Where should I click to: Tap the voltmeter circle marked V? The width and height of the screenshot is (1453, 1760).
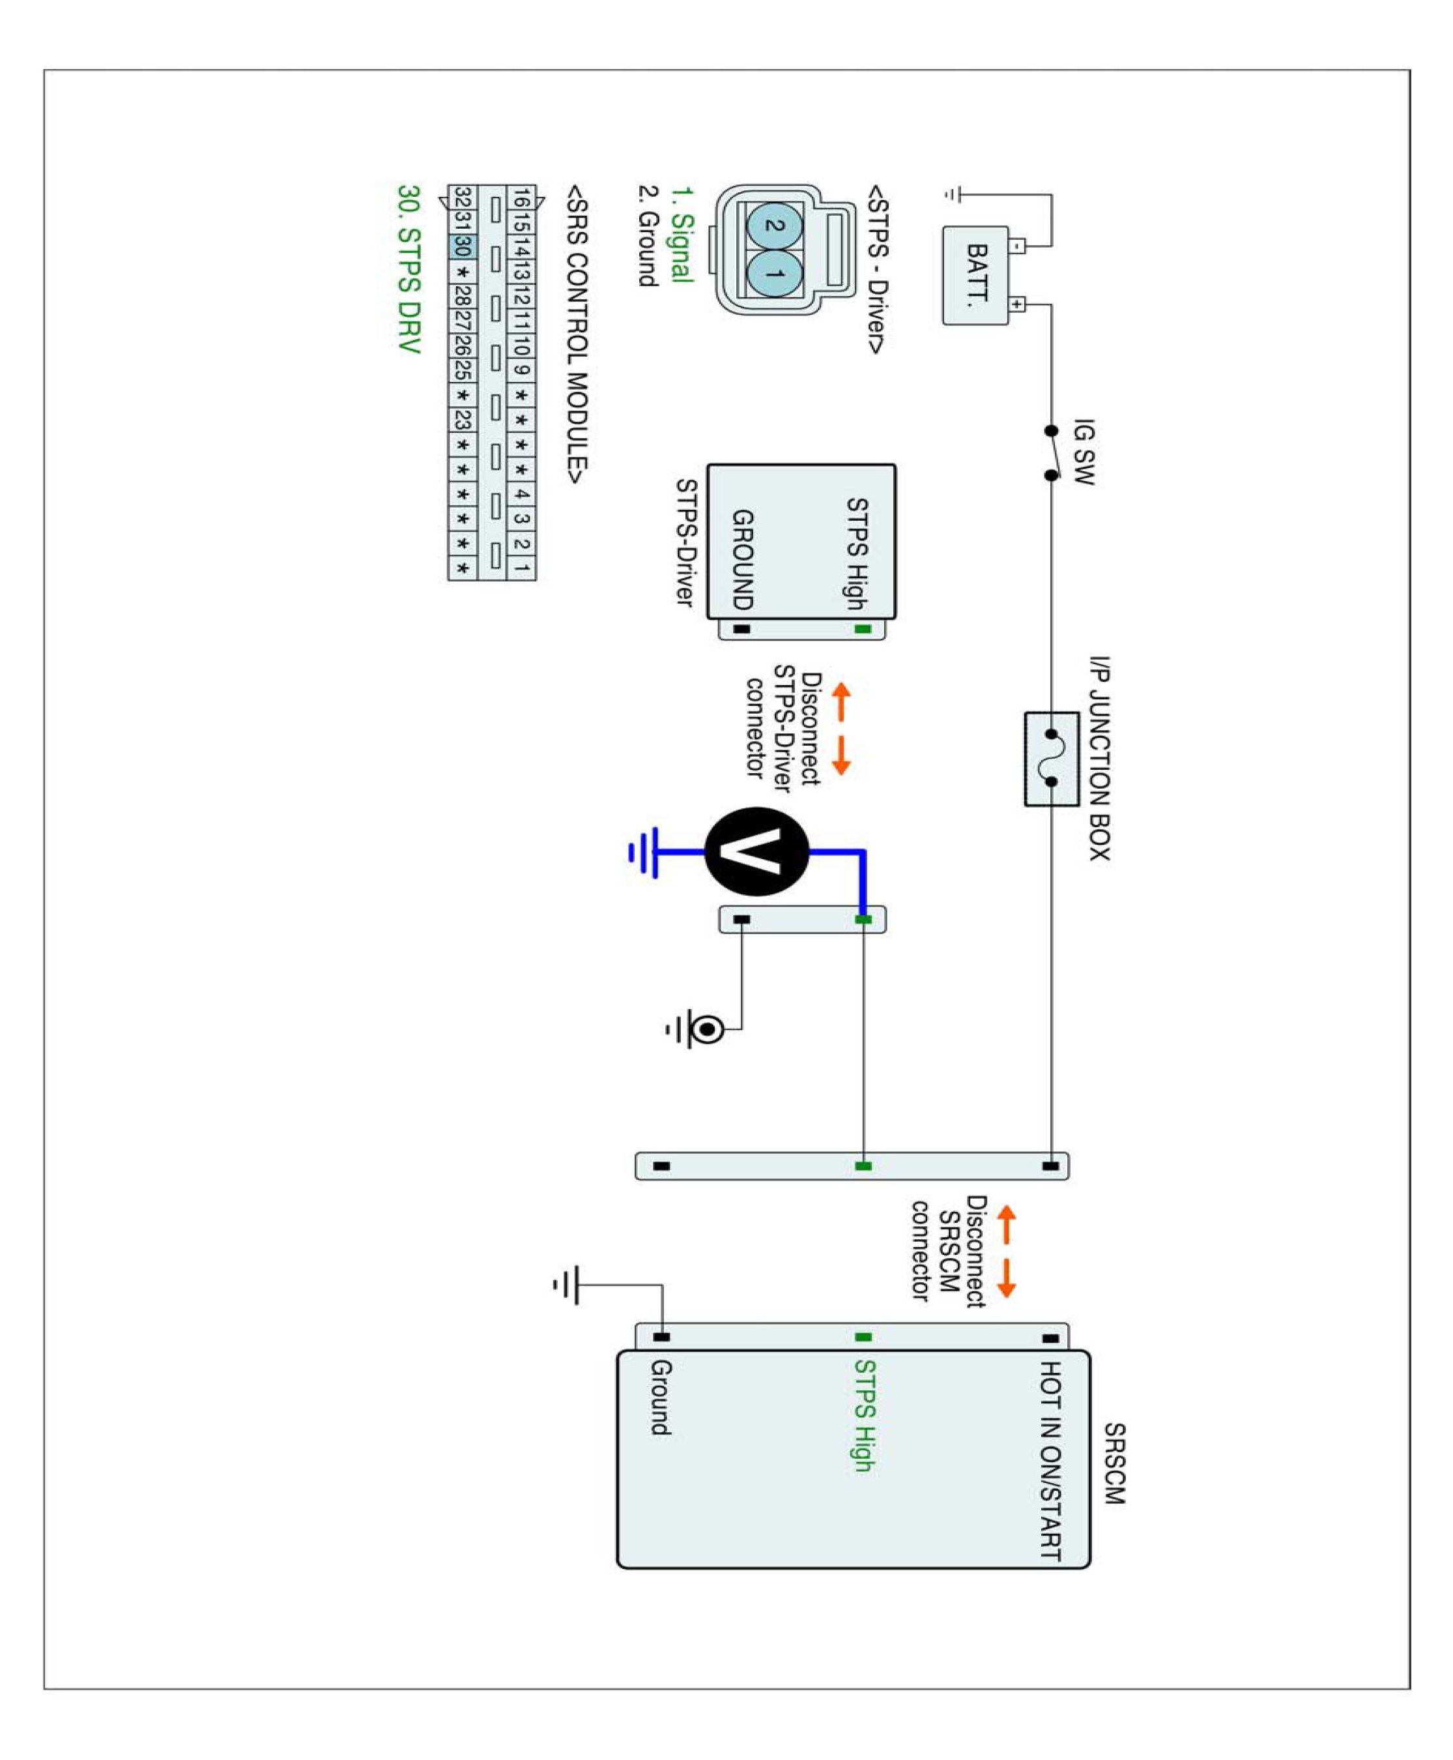click(756, 851)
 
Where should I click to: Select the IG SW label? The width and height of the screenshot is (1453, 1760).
click(1083, 452)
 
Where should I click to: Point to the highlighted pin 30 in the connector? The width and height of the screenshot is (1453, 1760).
click(462, 246)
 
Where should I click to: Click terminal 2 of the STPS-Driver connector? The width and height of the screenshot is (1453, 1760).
click(774, 226)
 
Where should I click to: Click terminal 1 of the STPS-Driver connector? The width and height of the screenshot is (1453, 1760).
click(774, 274)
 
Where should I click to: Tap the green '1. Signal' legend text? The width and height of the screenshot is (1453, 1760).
click(683, 235)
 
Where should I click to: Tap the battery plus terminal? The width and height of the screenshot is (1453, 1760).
click(1017, 304)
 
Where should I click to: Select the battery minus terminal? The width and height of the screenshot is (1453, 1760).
click(1017, 246)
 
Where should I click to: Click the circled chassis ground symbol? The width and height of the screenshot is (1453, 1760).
click(706, 1029)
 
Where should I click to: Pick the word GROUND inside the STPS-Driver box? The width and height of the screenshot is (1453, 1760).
click(742, 559)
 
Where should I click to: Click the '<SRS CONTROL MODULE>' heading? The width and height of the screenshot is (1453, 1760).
click(577, 334)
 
